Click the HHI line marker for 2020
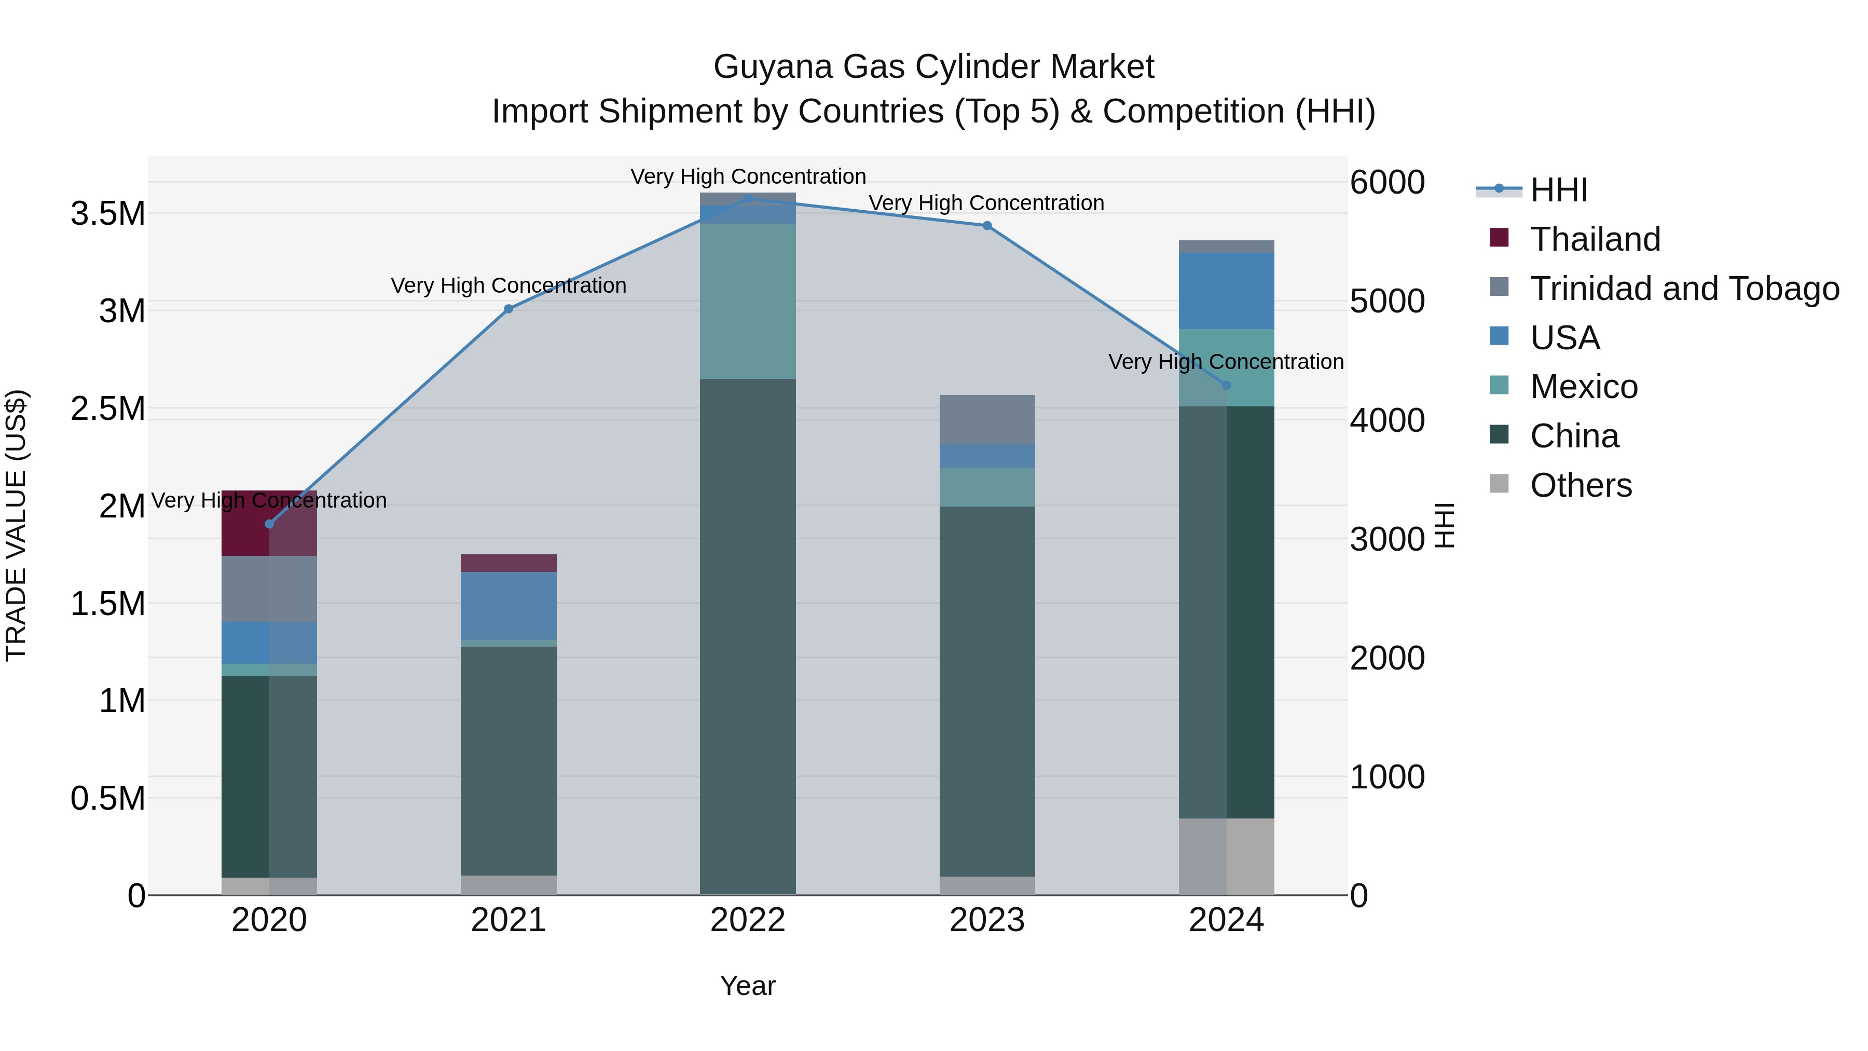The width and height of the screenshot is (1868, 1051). (x=269, y=524)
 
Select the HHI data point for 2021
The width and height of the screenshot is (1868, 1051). (x=509, y=309)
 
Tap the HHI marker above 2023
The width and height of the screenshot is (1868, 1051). (x=987, y=226)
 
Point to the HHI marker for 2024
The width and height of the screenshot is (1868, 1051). (x=1226, y=385)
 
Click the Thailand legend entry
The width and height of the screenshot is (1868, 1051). (x=1595, y=239)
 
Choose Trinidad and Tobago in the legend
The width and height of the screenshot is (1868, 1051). (x=1684, y=289)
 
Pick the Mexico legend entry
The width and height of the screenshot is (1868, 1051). (x=1583, y=387)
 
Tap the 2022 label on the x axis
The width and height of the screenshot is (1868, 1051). (x=748, y=920)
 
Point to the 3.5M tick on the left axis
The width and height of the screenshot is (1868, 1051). (x=107, y=214)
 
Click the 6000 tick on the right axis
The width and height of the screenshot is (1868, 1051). (x=1387, y=182)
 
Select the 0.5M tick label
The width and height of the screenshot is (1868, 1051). (x=107, y=799)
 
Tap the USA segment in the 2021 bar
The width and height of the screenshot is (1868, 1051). (x=509, y=606)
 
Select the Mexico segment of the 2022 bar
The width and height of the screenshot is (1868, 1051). (x=748, y=301)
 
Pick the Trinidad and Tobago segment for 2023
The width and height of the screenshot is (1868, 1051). (x=987, y=419)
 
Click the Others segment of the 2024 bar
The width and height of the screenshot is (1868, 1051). (x=1226, y=856)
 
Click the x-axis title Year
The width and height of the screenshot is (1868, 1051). (x=748, y=986)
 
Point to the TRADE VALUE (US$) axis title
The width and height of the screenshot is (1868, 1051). (x=17, y=525)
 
